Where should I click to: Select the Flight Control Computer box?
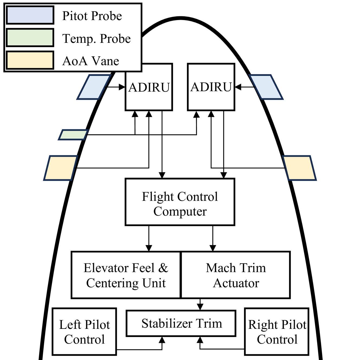(180, 202)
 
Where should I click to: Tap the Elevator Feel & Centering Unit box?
(126, 275)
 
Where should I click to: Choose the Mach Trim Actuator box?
(236, 275)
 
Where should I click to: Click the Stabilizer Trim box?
(181, 323)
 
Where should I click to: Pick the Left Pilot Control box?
(84, 331)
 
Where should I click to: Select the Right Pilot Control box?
(277, 331)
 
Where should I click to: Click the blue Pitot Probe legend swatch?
(30, 15)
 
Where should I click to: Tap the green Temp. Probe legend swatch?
(30, 38)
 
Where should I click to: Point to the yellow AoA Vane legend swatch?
(30, 60)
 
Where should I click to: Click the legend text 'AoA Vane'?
(90, 61)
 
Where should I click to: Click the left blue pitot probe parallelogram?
(94, 87)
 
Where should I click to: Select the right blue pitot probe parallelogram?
(266, 87)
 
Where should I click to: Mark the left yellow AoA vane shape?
(61, 168)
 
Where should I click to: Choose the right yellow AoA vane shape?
(299, 168)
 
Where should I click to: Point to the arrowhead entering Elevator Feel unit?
(149, 248)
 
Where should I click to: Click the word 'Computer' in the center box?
(180, 211)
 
